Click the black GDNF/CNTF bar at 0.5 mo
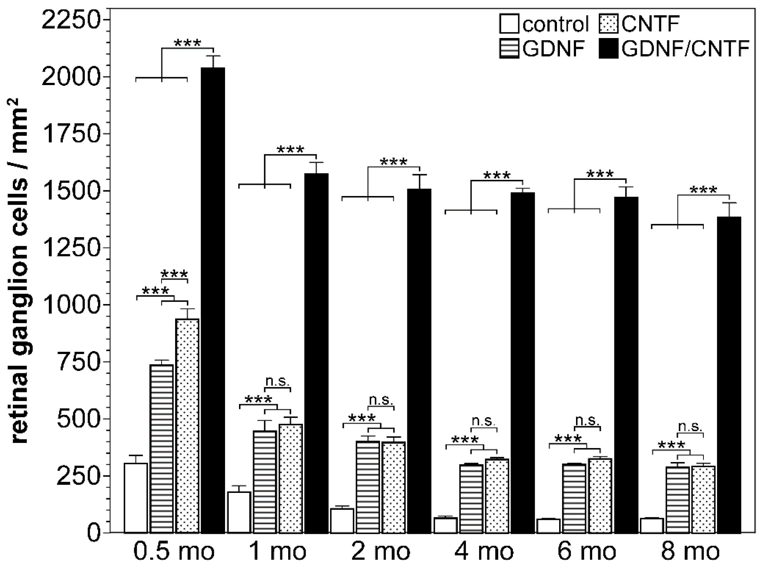click(x=213, y=300)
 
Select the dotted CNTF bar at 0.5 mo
click(x=187, y=425)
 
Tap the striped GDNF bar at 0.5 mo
click(x=162, y=449)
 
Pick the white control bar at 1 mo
click(x=239, y=512)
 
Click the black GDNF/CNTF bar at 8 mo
click(x=729, y=375)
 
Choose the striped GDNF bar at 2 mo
click(x=368, y=487)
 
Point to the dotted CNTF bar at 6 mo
click(x=600, y=496)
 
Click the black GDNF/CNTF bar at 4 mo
click(x=523, y=363)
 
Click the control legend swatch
click(x=509, y=24)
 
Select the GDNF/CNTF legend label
click(x=685, y=49)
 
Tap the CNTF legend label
click(x=650, y=24)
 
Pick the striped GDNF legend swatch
click(x=509, y=49)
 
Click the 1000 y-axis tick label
click(x=71, y=305)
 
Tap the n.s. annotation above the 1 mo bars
click(x=277, y=381)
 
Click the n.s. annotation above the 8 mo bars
click(x=690, y=426)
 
